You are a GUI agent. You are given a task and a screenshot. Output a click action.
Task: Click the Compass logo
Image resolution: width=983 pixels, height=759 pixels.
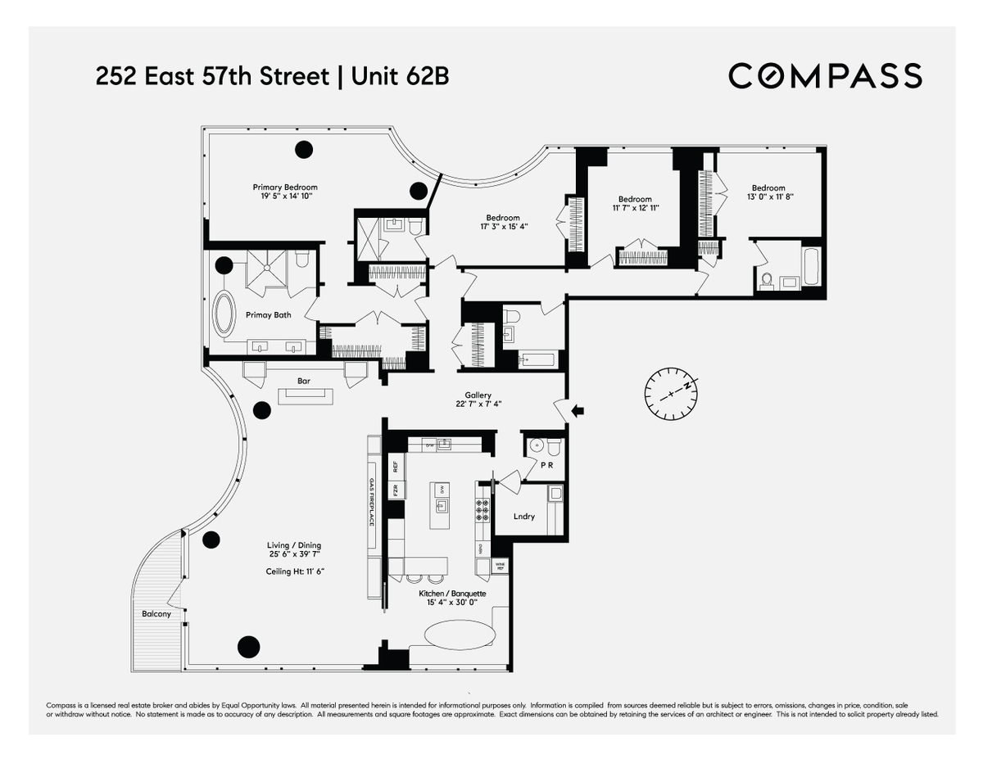click(825, 75)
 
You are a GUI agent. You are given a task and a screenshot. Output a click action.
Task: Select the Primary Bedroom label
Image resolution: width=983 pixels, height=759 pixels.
click(284, 187)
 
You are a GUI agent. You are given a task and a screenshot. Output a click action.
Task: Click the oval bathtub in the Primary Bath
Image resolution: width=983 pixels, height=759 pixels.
click(224, 314)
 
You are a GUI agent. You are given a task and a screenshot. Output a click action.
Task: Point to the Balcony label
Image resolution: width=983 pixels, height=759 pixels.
click(156, 614)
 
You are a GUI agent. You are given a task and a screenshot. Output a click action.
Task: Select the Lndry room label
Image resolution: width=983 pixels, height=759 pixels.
click(524, 516)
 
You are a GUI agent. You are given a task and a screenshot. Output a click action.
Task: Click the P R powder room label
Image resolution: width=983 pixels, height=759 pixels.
click(547, 465)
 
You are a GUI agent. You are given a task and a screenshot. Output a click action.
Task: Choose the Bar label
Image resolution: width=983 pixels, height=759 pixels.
click(303, 381)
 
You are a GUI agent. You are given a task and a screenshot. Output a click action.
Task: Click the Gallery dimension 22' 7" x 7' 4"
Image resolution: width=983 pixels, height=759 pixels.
click(478, 403)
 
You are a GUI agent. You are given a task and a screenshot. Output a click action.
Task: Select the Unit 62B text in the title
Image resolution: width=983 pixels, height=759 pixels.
click(400, 77)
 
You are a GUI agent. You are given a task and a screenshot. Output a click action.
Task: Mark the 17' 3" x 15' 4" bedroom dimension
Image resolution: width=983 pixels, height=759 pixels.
click(502, 227)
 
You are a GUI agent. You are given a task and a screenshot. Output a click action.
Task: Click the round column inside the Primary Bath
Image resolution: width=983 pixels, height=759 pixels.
click(224, 264)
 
